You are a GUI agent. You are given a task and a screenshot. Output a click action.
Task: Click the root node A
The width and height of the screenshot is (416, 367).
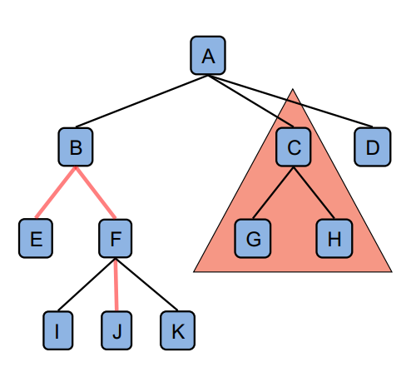coord(208,56)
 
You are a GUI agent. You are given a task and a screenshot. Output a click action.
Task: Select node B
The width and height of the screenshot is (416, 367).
coord(76,147)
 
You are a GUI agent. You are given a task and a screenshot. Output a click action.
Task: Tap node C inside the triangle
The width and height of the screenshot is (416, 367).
coord(294,147)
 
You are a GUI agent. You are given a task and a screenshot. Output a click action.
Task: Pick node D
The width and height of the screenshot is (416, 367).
coord(373,147)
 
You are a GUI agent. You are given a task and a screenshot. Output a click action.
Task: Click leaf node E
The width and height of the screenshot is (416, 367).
coord(36,238)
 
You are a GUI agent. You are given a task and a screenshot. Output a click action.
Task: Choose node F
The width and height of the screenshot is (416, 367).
coord(116,238)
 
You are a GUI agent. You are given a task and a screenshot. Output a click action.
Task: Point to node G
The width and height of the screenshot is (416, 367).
coord(253,238)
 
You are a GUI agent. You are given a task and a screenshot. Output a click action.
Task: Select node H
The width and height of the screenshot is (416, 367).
coord(334,238)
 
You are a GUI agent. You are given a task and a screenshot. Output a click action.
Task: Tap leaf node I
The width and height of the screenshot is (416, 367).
coord(58,330)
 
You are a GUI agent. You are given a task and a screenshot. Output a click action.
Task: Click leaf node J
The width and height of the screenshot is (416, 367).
coord(116,330)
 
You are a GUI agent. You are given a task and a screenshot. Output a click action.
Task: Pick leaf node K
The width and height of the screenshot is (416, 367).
coord(177,330)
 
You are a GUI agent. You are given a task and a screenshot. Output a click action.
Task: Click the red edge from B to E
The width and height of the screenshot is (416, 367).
coord(56,192)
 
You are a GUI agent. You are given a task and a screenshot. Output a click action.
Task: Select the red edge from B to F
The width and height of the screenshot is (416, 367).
coord(96,192)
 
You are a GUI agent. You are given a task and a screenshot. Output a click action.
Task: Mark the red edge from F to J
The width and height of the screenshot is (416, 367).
coord(116,285)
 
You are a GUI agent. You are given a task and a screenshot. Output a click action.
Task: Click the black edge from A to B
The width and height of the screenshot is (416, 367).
coord(141,102)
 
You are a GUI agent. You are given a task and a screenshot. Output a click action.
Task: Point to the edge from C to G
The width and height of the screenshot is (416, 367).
coord(273,192)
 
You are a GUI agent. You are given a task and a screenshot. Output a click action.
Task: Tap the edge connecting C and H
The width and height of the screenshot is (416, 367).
coord(314,192)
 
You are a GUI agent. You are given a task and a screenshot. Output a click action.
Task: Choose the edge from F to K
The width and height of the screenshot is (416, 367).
coord(146,285)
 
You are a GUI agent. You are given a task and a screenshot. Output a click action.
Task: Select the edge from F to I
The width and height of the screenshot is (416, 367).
coord(87,285)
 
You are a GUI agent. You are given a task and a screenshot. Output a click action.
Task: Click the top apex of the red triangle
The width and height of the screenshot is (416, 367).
coord(293,89)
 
